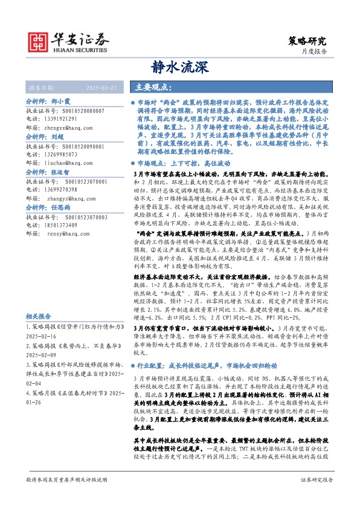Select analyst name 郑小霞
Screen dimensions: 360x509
tap(62, 103)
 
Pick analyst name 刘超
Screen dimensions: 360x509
tap(58, 138)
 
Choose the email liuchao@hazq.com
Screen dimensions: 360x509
tap(68, 163)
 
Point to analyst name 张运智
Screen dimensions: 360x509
tap(62, 172)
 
